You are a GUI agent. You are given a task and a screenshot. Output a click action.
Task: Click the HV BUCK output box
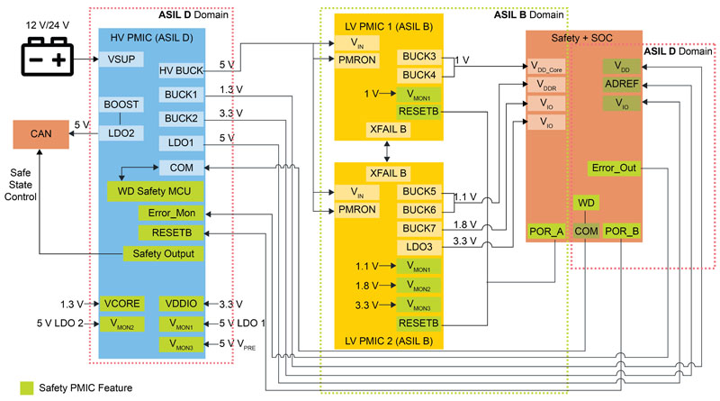point(182,70)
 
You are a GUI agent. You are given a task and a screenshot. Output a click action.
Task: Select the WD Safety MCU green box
point(154,191)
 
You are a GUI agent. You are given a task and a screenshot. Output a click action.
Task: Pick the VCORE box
point(123,304)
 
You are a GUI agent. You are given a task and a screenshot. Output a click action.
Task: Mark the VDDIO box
point(182,304)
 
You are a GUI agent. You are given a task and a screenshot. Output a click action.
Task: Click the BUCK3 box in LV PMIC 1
point(419,57)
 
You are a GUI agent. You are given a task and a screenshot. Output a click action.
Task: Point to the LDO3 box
point(419,247)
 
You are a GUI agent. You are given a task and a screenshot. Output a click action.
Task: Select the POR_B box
point(622,231)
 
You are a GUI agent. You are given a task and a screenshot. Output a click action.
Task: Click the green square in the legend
point(16,387)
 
